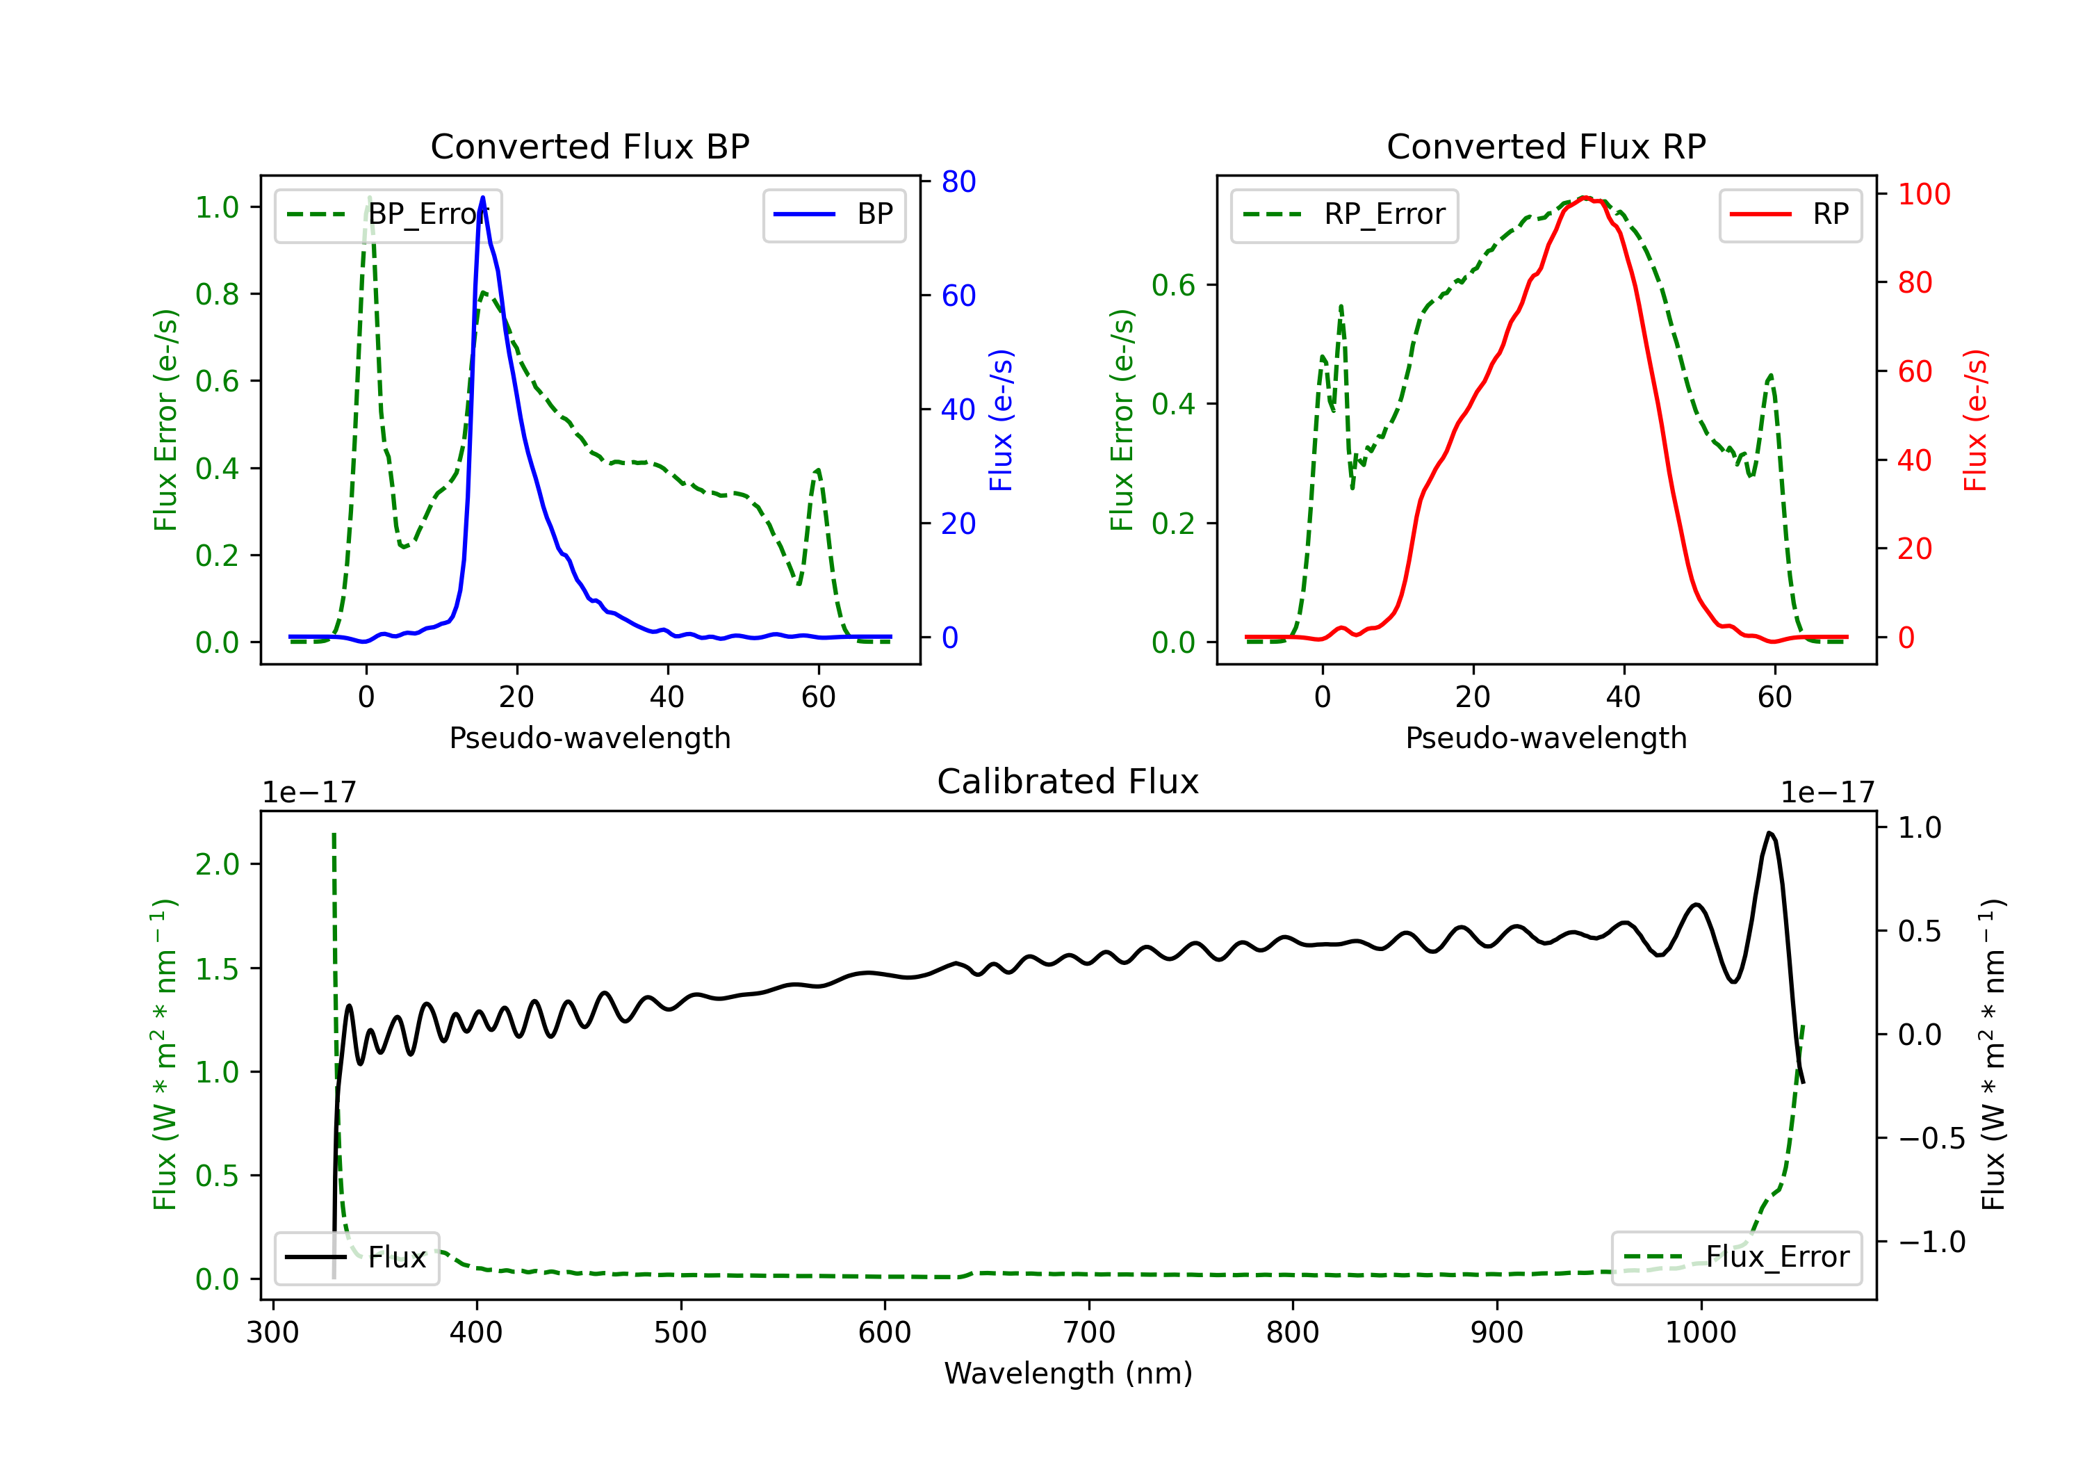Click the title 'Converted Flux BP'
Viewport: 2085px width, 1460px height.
coord(589,146)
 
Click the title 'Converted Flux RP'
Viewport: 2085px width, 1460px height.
coord(1546,146)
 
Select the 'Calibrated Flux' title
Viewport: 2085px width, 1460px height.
coord(1068,781)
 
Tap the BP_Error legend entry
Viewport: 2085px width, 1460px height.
coord(388,214)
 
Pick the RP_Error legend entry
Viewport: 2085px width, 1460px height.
coord(1344,214)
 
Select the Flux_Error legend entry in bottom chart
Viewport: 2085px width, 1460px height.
coord(1736,1258)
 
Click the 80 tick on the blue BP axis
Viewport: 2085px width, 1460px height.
coord(958,181)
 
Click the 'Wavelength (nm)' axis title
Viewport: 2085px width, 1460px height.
coord(1068,1373)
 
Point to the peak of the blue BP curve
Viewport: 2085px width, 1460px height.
coord(482,197)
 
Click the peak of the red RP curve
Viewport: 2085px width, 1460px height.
coord(1583,197)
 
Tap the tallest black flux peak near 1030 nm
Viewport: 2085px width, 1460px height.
coord(1769,832)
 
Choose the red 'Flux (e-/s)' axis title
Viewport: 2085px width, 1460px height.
coord(1976,420)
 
